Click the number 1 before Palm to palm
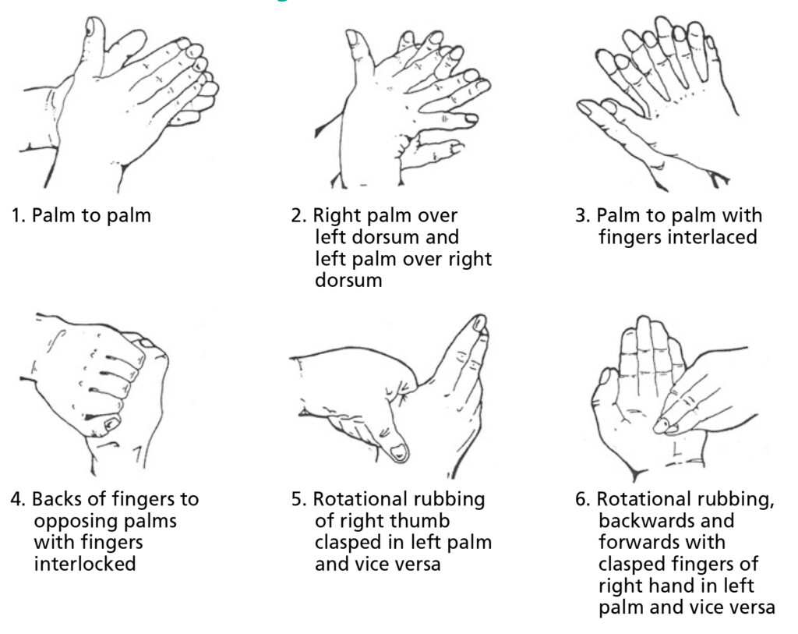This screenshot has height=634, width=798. (16, 216)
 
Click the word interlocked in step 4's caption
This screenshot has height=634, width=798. (84, 562)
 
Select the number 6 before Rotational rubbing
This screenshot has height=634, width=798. (581, 499)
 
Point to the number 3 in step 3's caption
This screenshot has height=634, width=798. (581, 216)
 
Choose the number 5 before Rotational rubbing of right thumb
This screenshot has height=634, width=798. (297, 499)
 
